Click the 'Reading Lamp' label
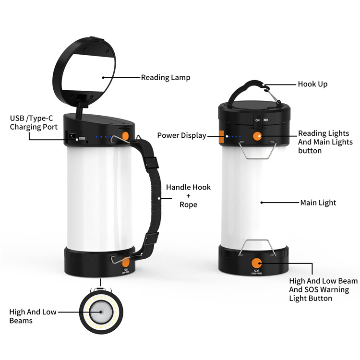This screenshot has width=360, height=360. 166,78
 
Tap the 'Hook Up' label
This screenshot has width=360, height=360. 312,84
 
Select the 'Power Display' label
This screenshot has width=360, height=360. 181,135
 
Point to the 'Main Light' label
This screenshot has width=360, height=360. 318,203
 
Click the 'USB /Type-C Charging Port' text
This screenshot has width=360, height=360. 34,122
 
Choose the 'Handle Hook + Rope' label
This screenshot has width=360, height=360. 188,196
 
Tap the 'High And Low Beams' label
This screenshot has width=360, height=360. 33,316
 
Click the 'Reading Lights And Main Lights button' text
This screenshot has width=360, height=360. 325,142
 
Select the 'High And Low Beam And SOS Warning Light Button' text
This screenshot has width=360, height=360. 323,289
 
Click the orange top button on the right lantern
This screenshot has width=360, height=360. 257,136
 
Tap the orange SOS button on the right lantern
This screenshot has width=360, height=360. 256,264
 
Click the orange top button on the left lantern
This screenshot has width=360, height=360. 125,135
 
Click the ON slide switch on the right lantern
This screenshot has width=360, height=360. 258,120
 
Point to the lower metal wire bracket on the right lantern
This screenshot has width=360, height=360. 257,248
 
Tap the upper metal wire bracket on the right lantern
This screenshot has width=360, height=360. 257,150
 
